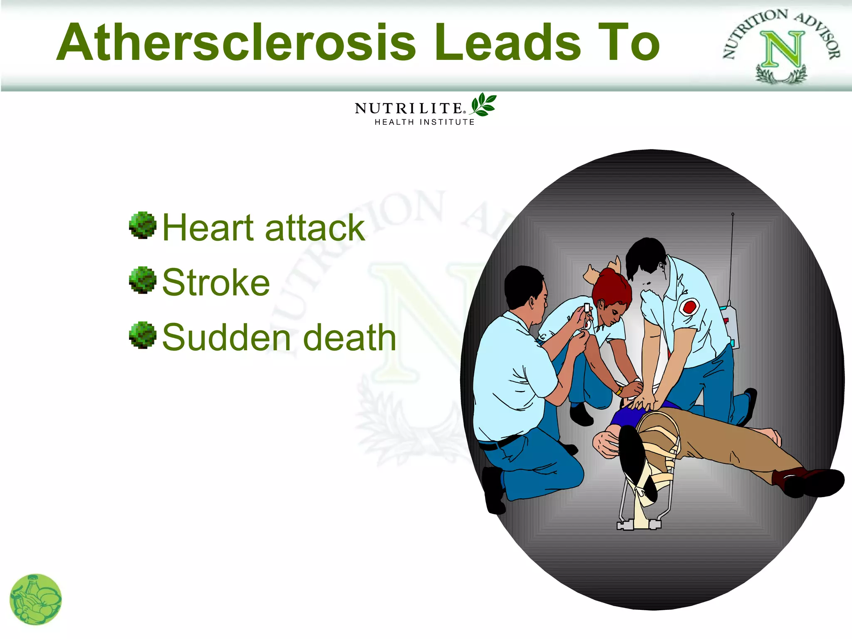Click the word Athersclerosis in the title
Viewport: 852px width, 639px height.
coord(236,42)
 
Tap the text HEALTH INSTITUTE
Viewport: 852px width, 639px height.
coord(424,122)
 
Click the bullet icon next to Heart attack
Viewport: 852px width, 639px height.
coord(143,225)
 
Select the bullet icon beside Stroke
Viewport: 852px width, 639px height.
coord(143,280)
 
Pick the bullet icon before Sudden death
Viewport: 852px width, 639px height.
coord(143,335)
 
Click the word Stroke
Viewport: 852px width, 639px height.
coord(216,283)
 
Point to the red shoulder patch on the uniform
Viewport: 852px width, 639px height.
coord(689,307)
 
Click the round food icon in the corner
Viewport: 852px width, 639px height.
coord(35,599)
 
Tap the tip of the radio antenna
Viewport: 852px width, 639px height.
coord(733,214)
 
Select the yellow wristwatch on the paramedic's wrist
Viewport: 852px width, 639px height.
coord(619,391)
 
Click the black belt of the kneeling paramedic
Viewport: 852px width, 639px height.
coord(499,443)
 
